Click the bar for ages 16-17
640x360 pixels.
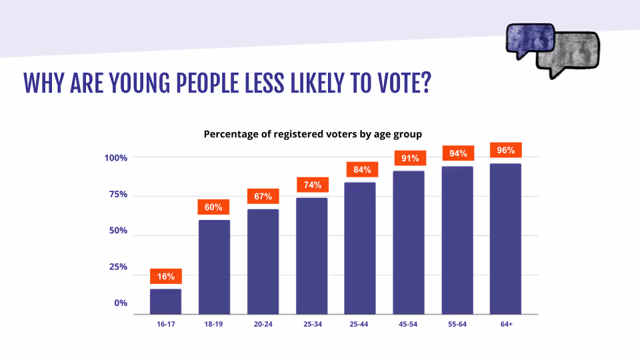pos(165,301)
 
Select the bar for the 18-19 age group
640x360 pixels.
pos(214,267)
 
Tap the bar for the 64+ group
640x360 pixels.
pos(505,239)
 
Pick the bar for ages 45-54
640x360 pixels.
pos(409,243)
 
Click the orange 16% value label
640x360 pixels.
pos(165,276)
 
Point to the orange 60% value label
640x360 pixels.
pos(214,207)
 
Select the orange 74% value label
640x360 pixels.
pos(311,185)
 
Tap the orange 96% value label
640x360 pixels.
pos(505,151)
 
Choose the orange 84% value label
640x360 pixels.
pos(360,169)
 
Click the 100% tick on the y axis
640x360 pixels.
pos(115,158)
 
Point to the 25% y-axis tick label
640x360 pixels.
pos(117,267)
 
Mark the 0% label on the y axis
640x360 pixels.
pos(120,303)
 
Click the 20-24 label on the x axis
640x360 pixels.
pos(263,323)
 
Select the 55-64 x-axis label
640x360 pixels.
pos(457,323)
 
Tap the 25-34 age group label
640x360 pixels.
pos(311,323)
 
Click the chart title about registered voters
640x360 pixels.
pos(313,134)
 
